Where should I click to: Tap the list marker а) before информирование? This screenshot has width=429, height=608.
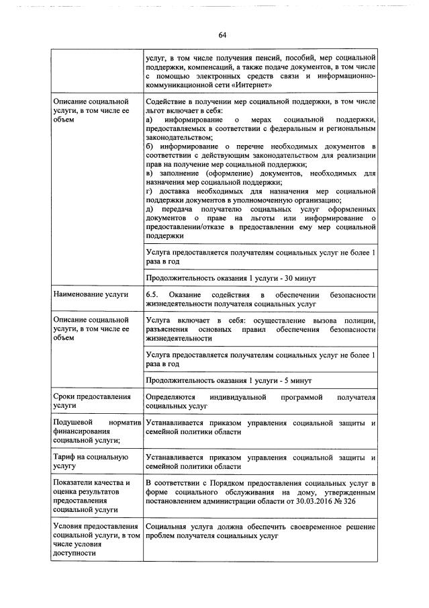(150, 119)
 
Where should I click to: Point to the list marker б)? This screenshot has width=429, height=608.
(150, 146)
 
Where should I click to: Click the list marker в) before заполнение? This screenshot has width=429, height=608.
(150, 174)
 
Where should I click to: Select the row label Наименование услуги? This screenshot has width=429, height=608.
(87, 294)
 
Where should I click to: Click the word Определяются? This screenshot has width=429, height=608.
(172, 397)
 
